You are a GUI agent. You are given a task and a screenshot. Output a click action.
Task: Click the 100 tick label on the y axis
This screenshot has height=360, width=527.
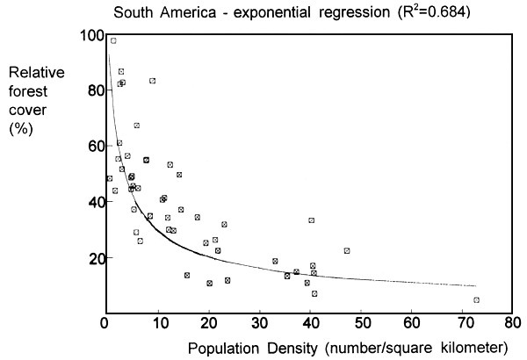point(88,35)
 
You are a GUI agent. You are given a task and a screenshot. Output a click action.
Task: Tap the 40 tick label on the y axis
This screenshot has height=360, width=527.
point(91,202)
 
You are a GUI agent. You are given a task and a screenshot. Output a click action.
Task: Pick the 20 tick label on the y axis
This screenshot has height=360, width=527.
point(91,258)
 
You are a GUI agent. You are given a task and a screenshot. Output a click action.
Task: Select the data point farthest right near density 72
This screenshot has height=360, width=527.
point(476,300)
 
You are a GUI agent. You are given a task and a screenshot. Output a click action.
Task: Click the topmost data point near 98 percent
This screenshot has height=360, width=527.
point(113,40)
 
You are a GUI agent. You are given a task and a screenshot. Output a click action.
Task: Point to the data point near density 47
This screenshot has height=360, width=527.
point(347,250)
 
